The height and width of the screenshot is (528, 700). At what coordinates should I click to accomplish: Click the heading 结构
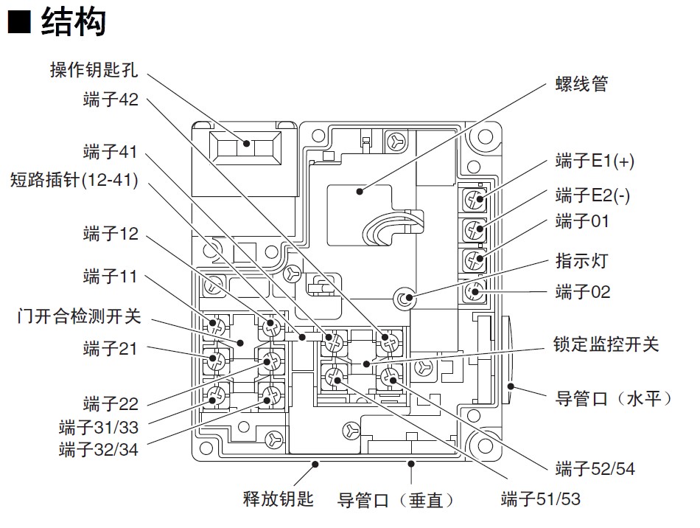(x=74, y=22)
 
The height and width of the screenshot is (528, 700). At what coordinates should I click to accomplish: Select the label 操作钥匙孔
(x=93, y=71)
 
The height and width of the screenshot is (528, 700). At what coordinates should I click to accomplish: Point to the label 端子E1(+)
(x=595, y=161)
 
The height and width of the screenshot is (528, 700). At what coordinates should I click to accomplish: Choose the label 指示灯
(x=582, y=260)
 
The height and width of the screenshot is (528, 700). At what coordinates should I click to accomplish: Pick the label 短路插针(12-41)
(x=74, y=179)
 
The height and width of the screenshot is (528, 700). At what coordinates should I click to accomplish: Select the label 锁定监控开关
(x=606, y=344)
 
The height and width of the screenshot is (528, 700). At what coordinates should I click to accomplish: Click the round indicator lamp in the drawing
(x=403, y=299)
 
